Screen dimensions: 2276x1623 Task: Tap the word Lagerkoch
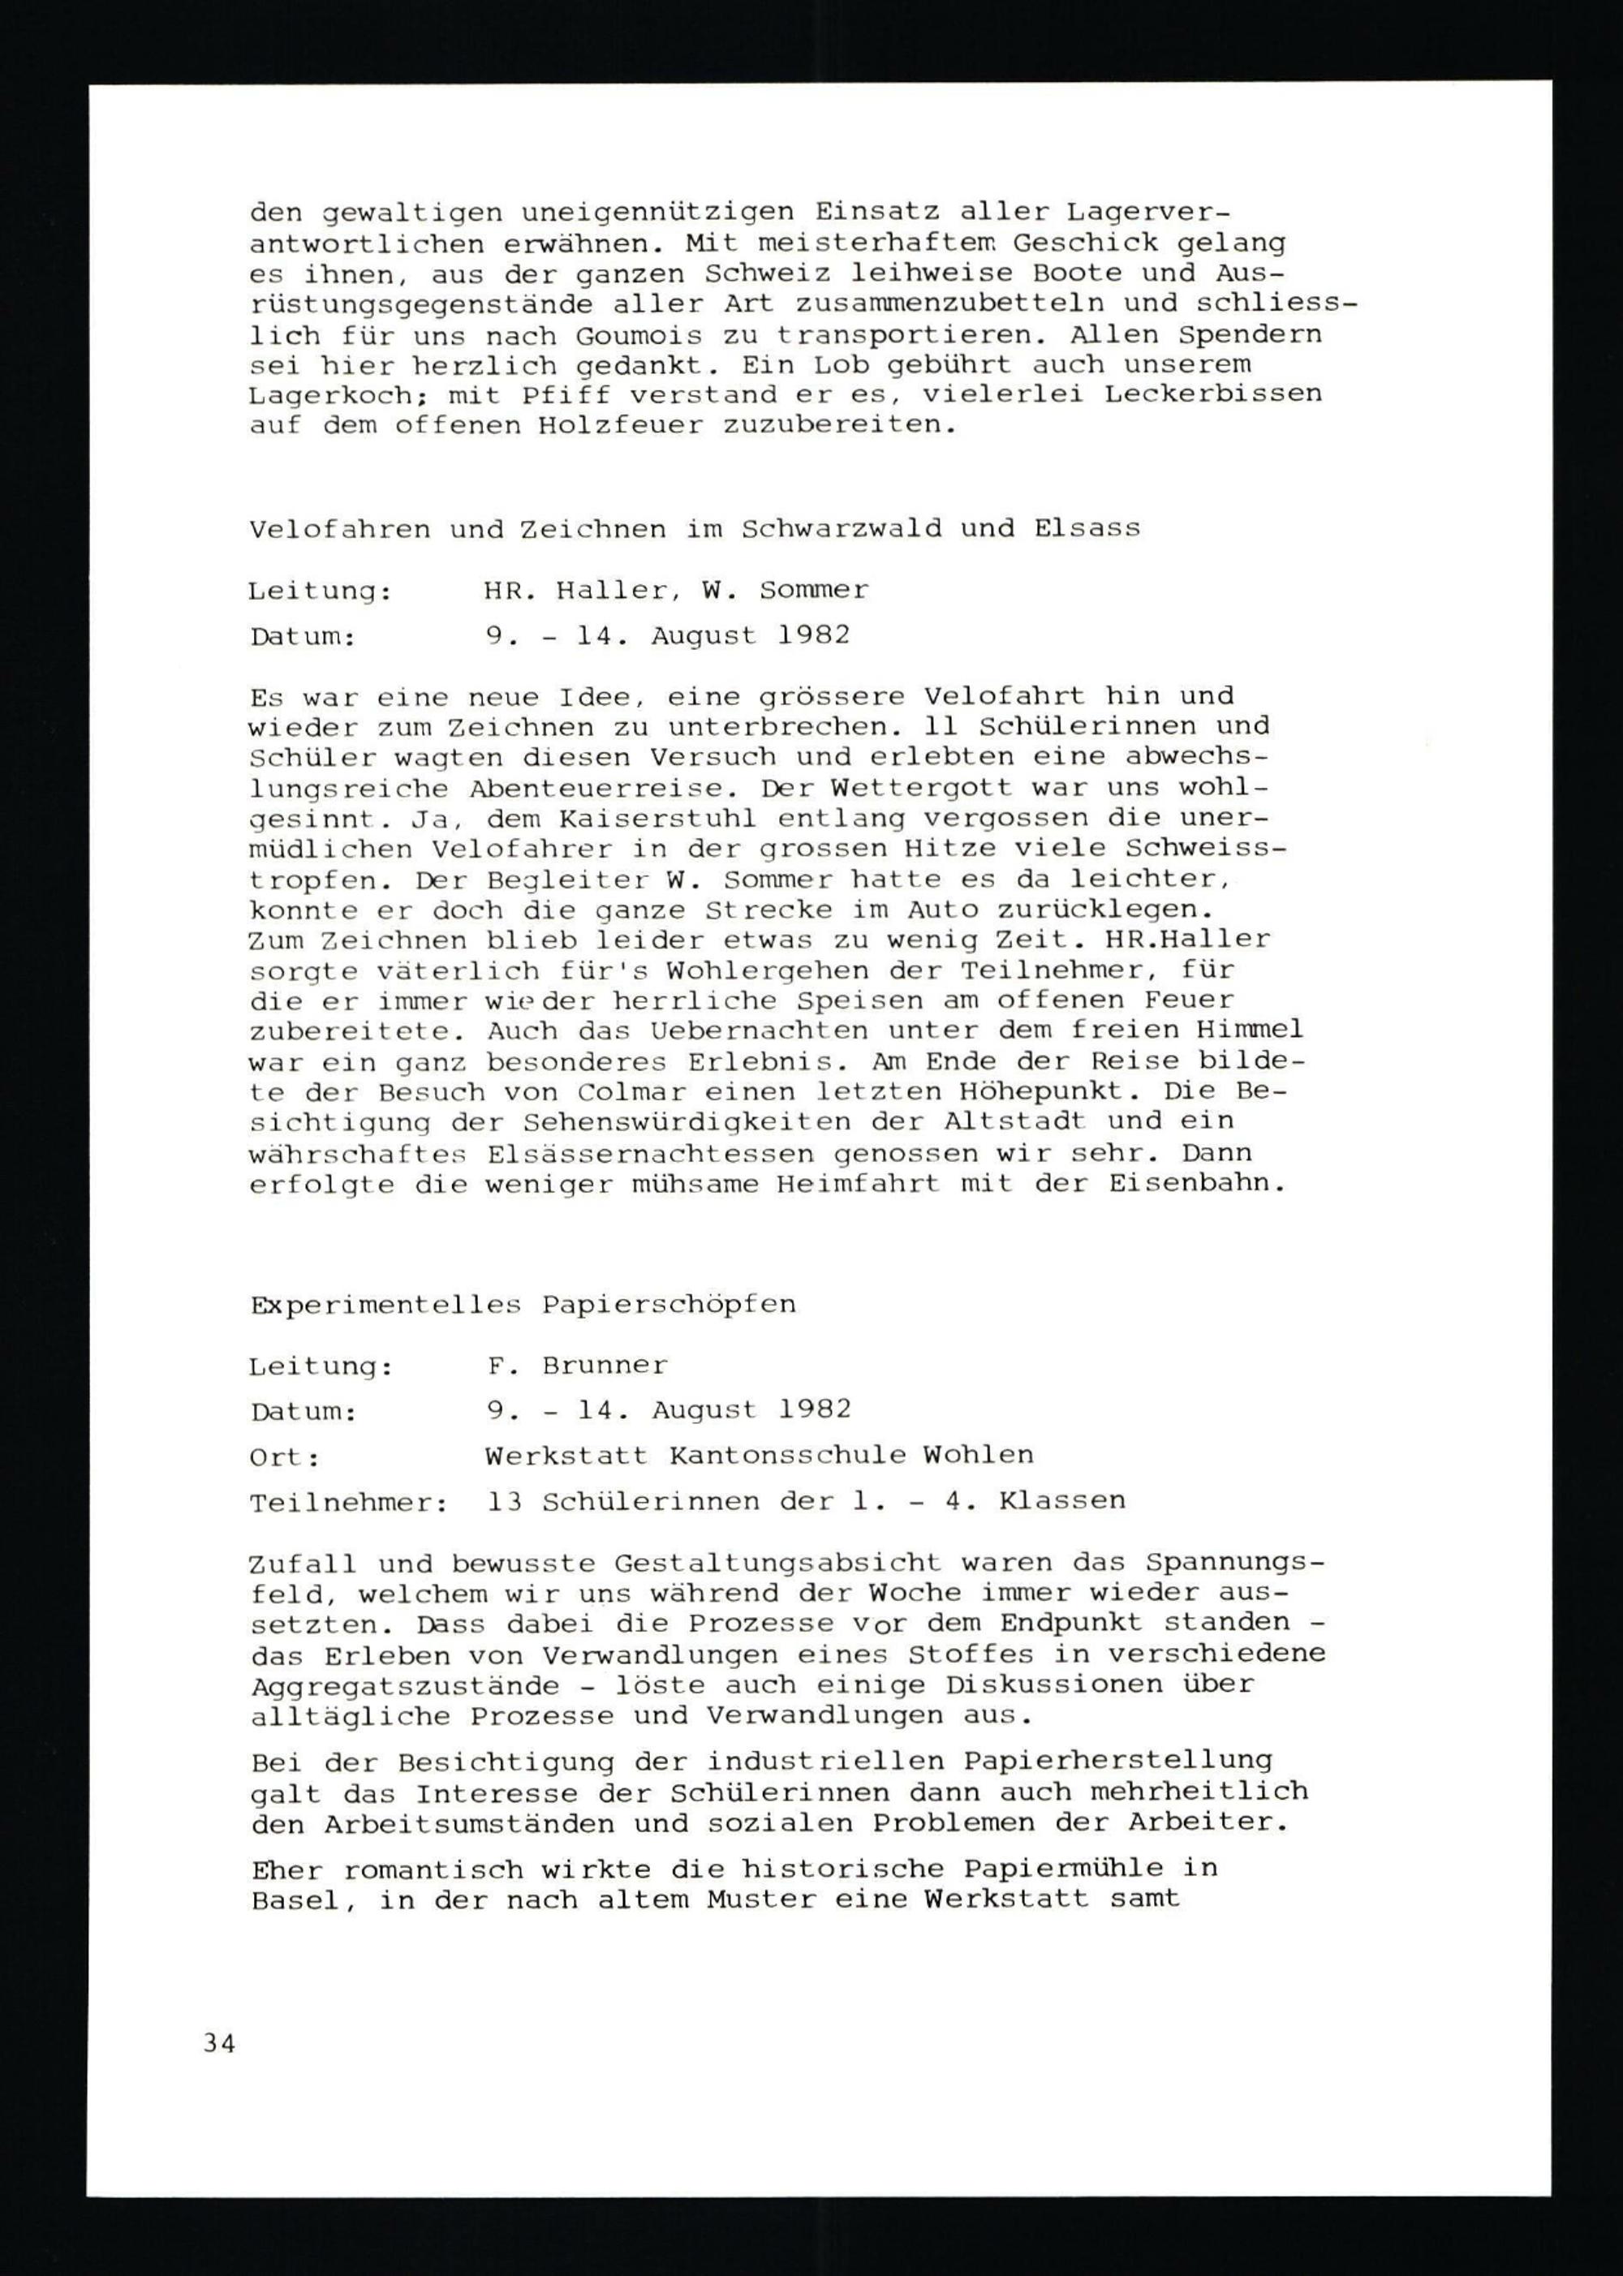click(x=329, y=396)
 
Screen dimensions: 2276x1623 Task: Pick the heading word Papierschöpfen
click(x=669, y=1305)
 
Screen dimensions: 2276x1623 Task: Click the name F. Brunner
click(x=577, y=1366)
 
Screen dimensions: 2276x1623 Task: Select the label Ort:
click(x=285, y=1458)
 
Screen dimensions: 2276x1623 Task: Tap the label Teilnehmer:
click(x=349, y=1503)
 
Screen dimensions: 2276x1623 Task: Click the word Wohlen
click(x=979, y=1456)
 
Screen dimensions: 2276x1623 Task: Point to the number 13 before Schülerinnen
click(x=505, y=1502)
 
